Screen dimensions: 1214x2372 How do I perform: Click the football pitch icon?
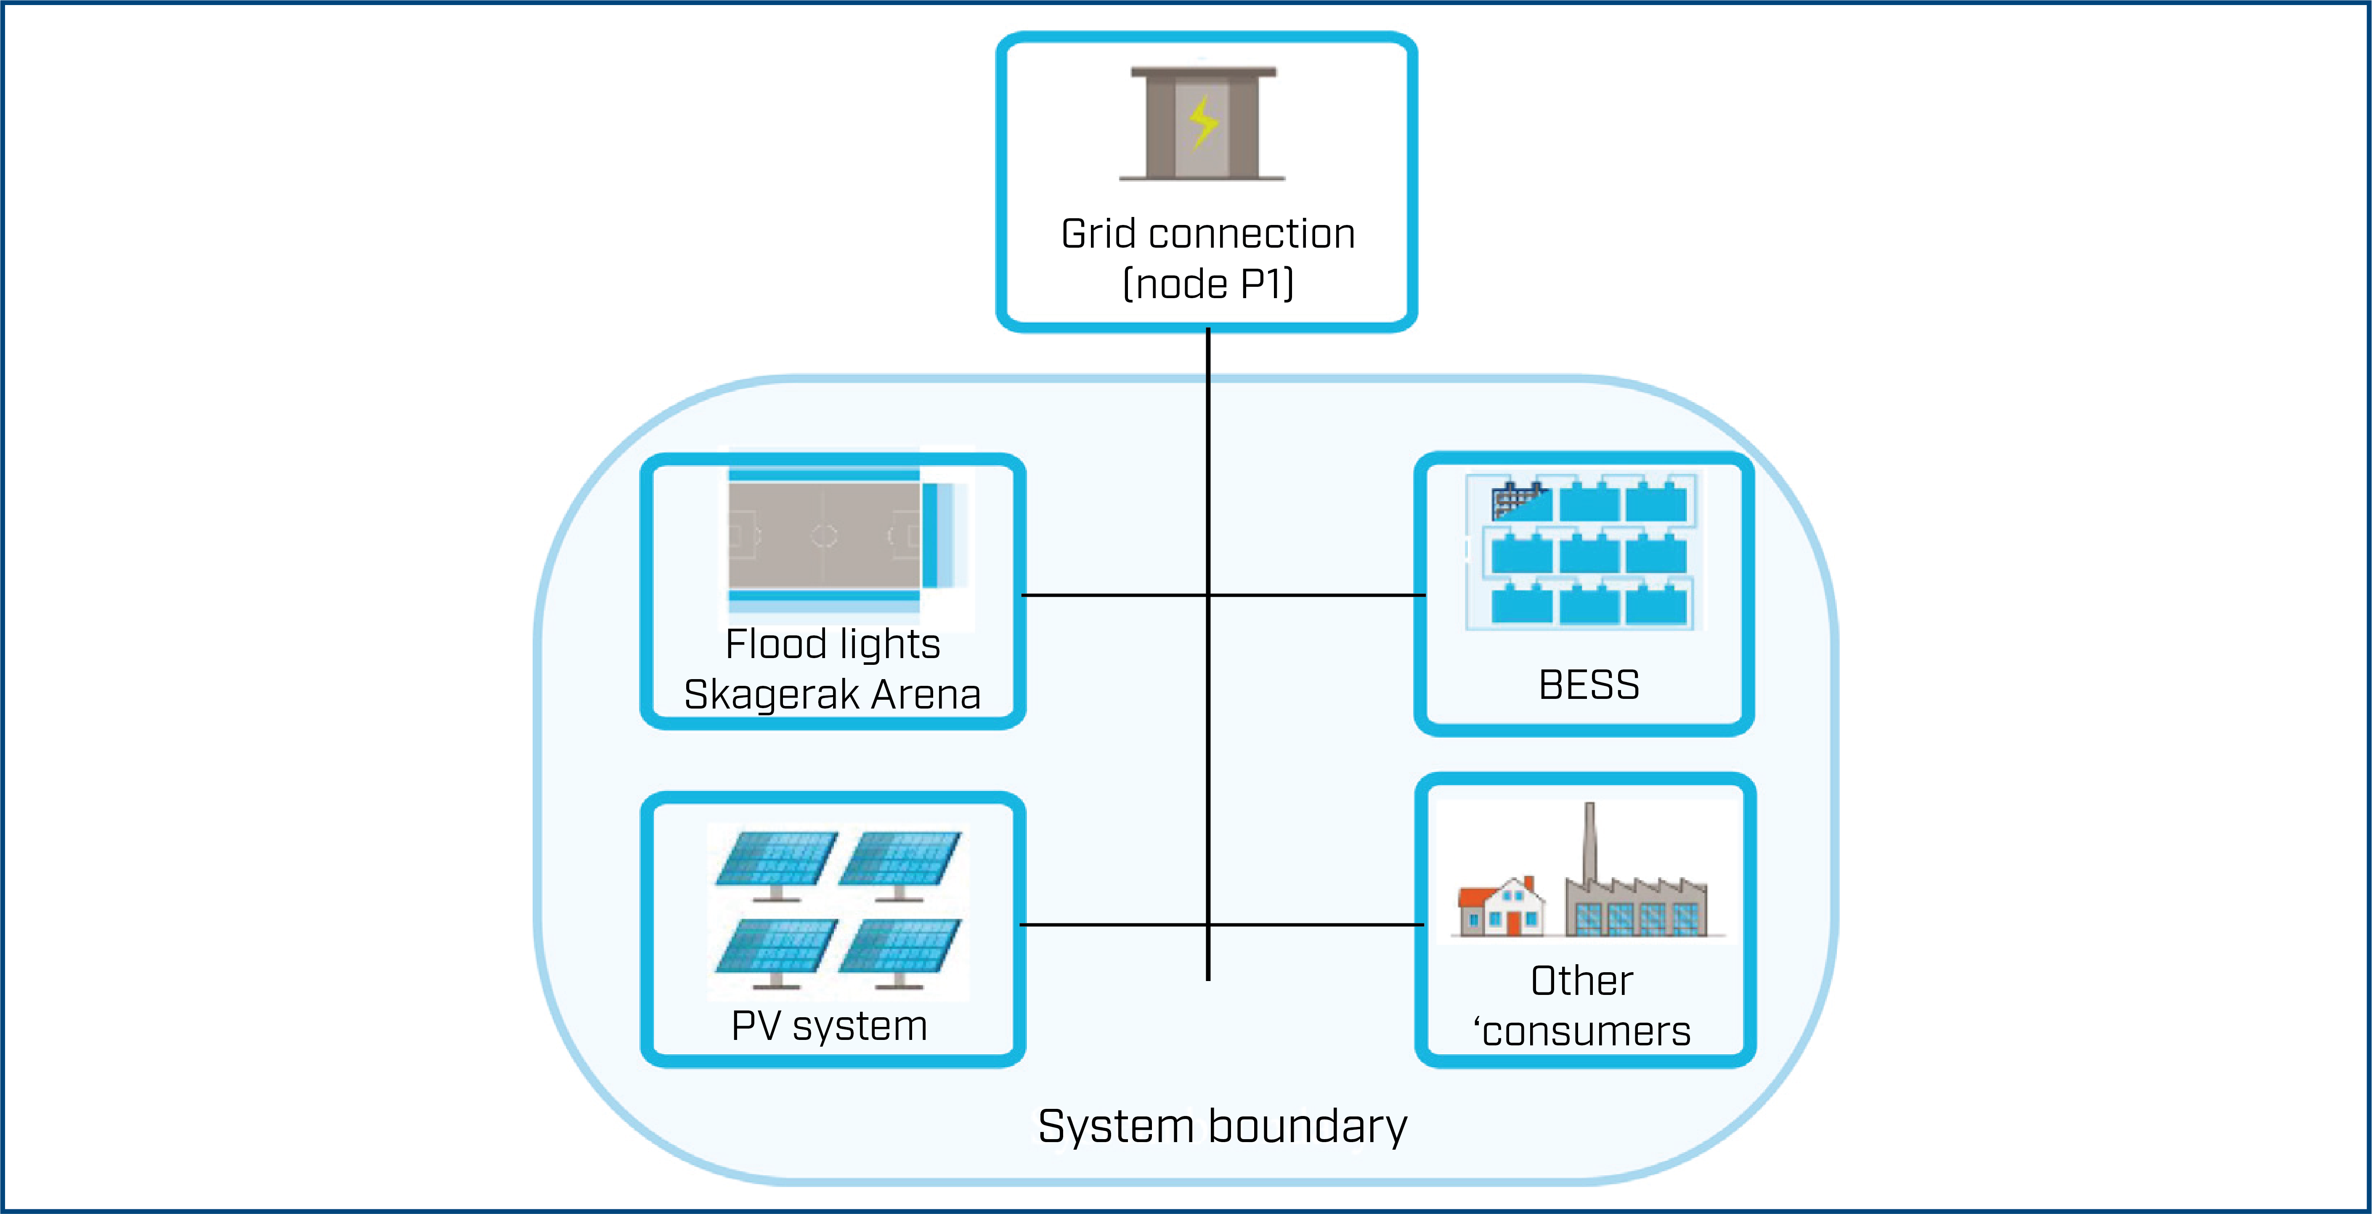pos(824,535)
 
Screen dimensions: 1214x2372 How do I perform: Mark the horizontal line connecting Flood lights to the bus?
pos(1114,595)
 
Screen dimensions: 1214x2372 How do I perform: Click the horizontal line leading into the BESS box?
pos(1317,595)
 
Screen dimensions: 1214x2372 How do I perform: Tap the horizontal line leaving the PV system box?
pos(1114,924)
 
